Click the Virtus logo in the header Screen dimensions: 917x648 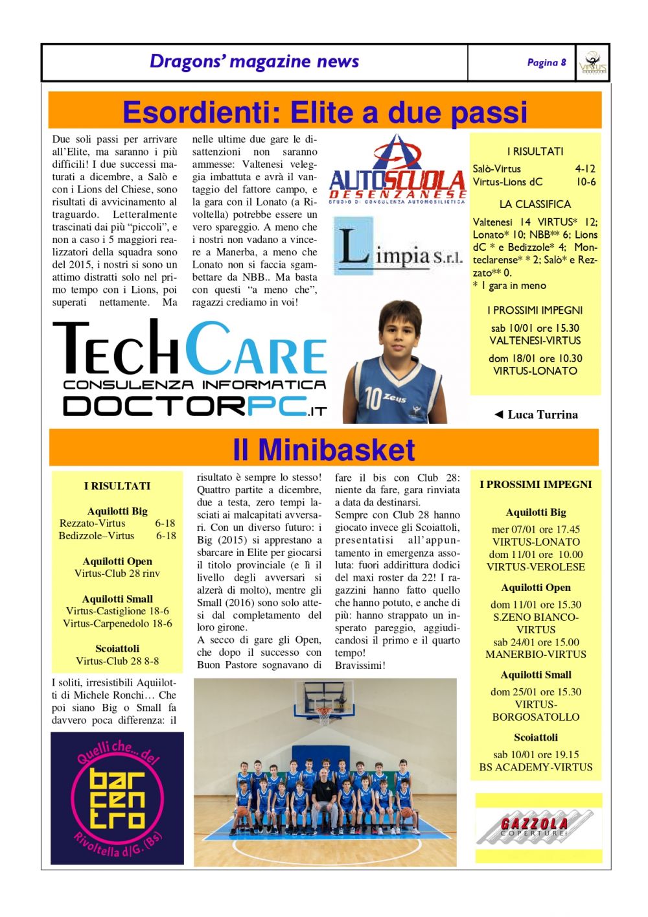(592, 63)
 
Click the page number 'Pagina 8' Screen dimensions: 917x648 (546, 63)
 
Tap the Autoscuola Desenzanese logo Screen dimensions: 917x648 (397, 170)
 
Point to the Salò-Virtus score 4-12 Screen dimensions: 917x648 (585, 168)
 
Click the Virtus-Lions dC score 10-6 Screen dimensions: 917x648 (586, 182)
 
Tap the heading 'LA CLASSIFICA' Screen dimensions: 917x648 (535, 204)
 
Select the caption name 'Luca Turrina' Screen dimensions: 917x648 (542, 415)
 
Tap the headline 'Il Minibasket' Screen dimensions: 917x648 (323, 449)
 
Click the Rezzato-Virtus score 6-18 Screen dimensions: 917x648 (165, 523)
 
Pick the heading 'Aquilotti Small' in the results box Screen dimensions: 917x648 (117, 599)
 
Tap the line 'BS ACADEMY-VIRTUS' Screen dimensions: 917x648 (536, 767)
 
